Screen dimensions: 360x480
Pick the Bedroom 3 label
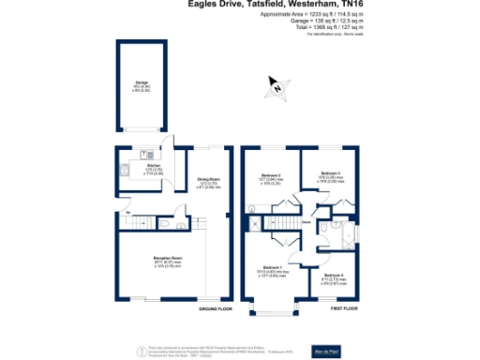coord(330,175)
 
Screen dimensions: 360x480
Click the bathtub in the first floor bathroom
coord(350,234)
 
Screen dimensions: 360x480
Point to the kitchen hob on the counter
coord(125,172)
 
